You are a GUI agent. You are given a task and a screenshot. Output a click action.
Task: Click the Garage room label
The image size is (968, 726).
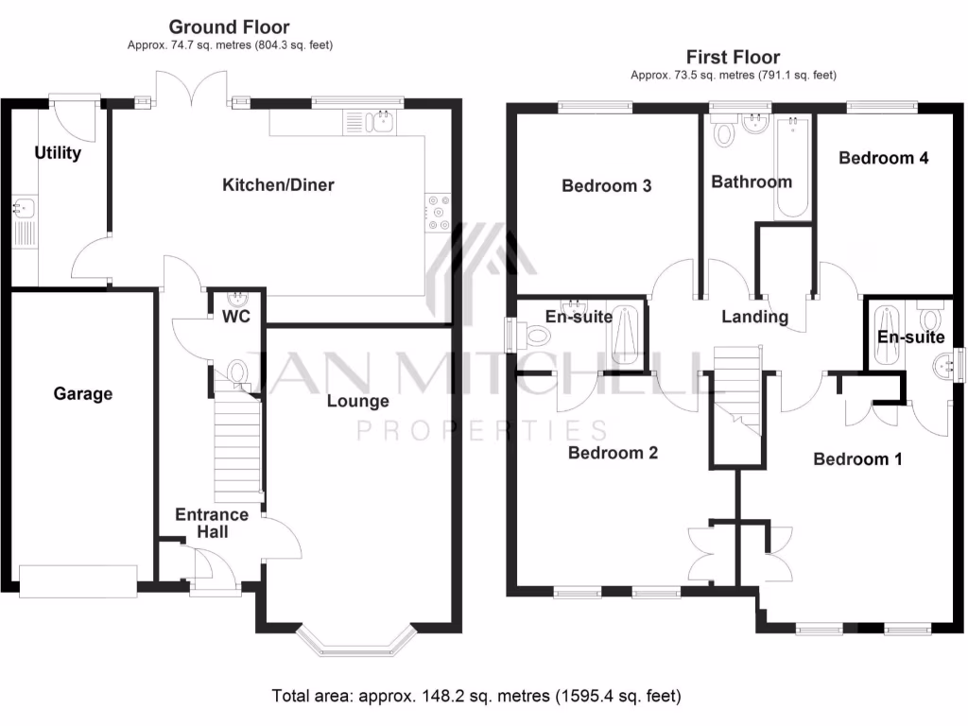pyautogui.click(x=82, y=394)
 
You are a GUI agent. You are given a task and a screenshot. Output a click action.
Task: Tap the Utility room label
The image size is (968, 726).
pyautogui.click(x=58, y=153)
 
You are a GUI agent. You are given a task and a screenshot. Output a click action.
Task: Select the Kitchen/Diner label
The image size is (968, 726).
pyautogui.click(x=278, y=185)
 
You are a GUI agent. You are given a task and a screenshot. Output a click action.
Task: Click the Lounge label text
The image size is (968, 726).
pyautogui.click(x=357, y=401)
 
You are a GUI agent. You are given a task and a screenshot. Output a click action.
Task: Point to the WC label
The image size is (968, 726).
pyautogui.click(x=235, y=317)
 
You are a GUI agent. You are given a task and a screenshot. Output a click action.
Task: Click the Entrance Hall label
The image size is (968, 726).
pyautogui.click(x=212, y=524)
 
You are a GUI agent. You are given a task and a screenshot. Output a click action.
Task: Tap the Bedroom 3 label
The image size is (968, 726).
pyautogui.click(x=606, y=186)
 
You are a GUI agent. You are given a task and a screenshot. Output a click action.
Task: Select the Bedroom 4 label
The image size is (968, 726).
pyautogui.click(x=883, y=158)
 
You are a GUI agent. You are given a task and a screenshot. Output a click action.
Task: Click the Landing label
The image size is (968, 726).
pyautogui.click(x=754, y=317)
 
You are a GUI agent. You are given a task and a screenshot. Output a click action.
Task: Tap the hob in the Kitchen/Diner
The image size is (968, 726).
pyautogui.click(x=439, y=212)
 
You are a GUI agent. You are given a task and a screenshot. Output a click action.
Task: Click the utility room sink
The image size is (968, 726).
pyautogui.click(x=23, y=206)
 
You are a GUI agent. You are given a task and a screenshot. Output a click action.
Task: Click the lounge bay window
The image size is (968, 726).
pyautogui.click(x=356, y=642)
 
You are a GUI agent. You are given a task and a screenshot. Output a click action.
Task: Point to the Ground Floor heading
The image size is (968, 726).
pyautogui.click(x=229, y=27)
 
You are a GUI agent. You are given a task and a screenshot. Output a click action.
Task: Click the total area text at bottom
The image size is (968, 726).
pyautogui.click(x=475, y=697)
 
